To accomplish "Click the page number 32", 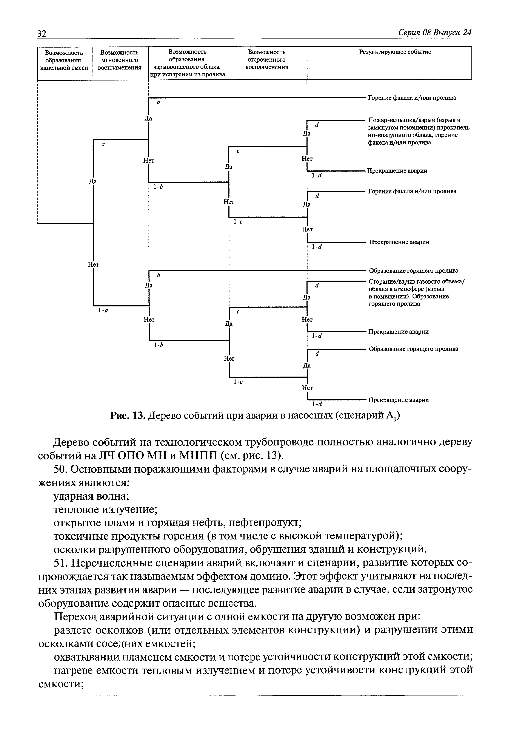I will point(42,33).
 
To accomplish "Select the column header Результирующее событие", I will point(395,52).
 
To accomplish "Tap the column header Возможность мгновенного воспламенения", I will point(119,60).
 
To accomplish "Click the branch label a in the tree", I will point(103,144).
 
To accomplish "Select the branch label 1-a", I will point(103,310).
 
